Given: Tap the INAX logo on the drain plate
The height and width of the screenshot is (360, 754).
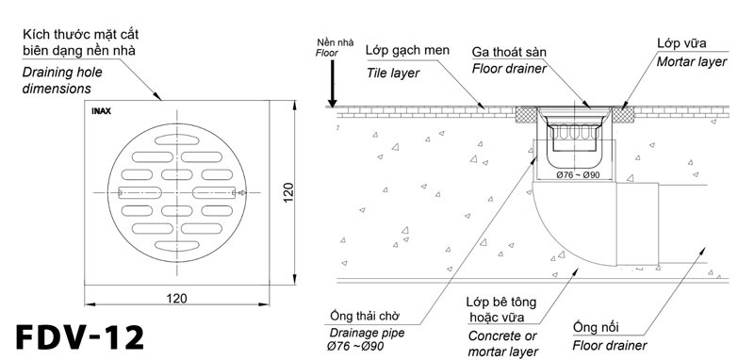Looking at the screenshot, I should coord(102,112).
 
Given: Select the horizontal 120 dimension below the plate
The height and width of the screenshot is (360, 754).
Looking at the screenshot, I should coord(176,298).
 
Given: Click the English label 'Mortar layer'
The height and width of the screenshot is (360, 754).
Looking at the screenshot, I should coord(692,61).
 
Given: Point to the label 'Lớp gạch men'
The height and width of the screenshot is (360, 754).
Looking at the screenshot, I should coord(406,51).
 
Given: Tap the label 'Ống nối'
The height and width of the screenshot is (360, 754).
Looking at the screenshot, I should coord(595,326).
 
